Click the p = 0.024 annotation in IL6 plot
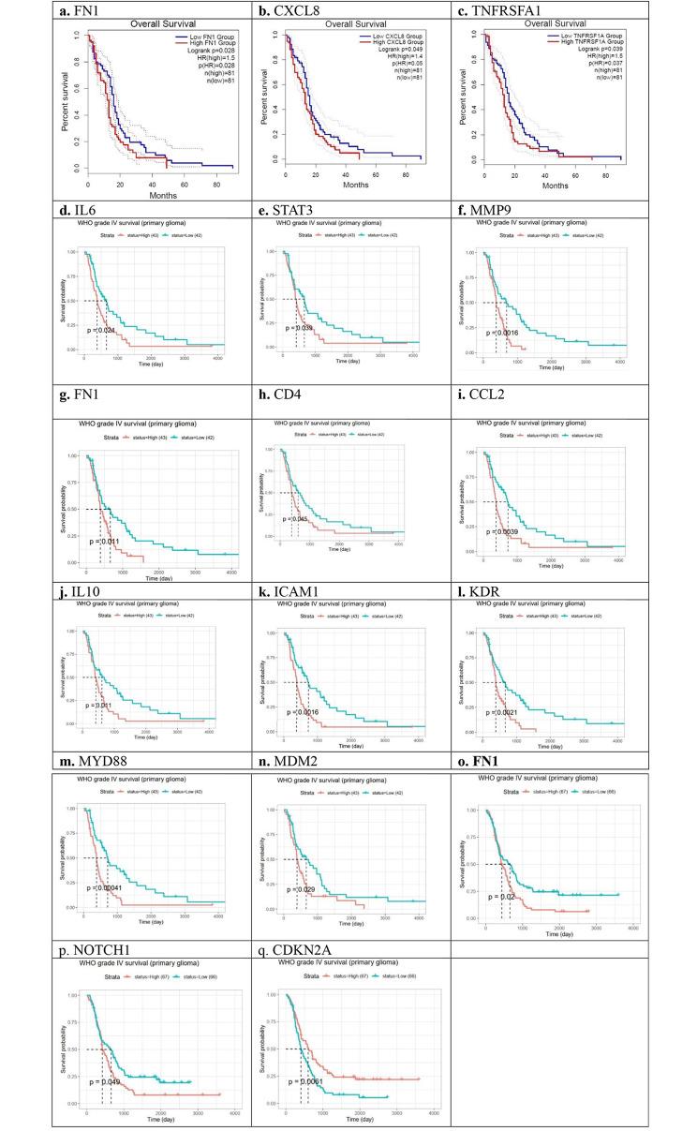click(104, 331)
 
